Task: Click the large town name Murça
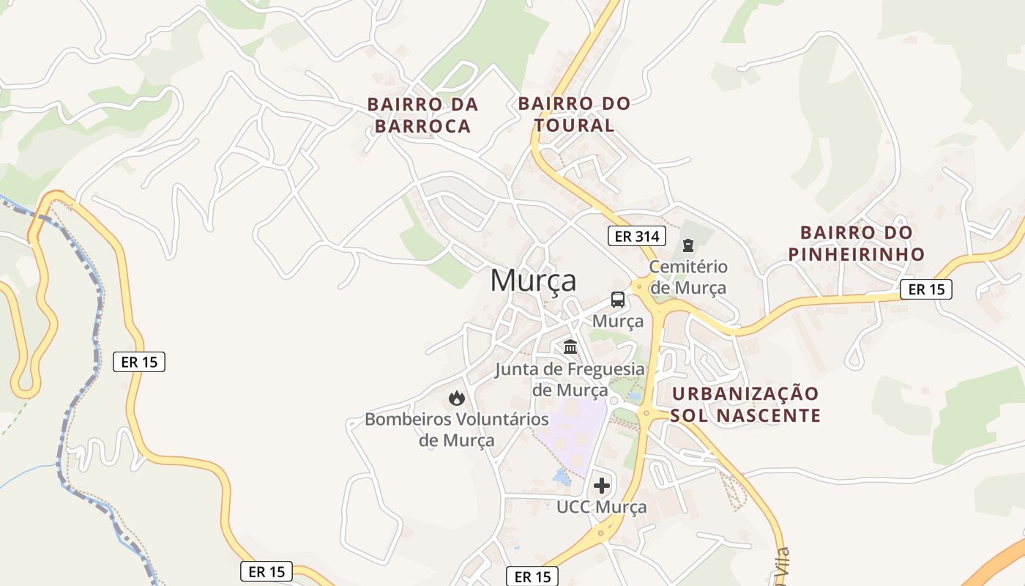tap(533, 281)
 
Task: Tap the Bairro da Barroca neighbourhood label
tap(422, 115)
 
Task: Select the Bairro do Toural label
tap(574, 114)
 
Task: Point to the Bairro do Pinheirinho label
tap(856, 243)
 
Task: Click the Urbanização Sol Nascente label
tap(745, 404)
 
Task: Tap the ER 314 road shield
tap(637, 236)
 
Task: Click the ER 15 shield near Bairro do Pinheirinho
tap(926, 289)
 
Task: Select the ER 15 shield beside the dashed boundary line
tap(139, 361)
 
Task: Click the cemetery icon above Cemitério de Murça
tap(687, 245)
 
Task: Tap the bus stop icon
tap(618, 299)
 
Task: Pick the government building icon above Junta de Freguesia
tap(570, 346)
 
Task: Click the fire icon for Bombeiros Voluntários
tap(457, 398)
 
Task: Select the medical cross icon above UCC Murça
tap(602, 485)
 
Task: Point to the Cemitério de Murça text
tap(688, 277)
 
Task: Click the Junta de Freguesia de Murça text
tap(570, 379)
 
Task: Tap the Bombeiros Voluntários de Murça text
tap(457, 430)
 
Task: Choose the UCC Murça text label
tap(602, 507)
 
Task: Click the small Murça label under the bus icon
tap(618, 321)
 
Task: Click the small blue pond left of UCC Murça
tap(562, 476)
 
